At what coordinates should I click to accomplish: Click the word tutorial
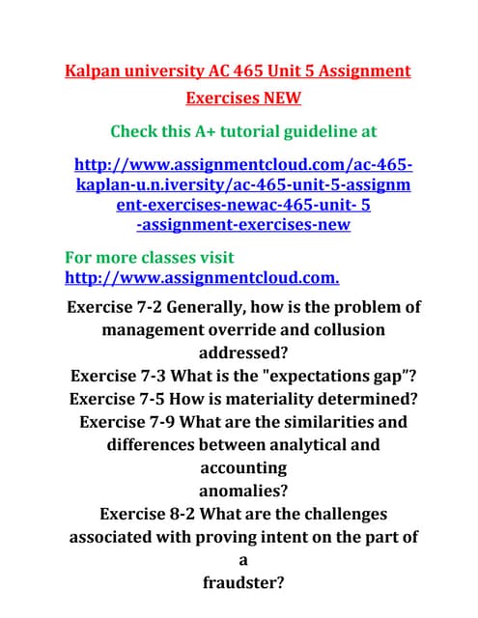click(x=256, y=130)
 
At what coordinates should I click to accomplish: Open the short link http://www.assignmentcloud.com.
click(x=201, y=279)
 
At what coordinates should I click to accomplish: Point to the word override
click(x=239, y=330)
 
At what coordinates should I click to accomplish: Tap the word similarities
click(x=322, y=422)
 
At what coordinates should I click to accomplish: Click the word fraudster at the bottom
click(x=242, y=581)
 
